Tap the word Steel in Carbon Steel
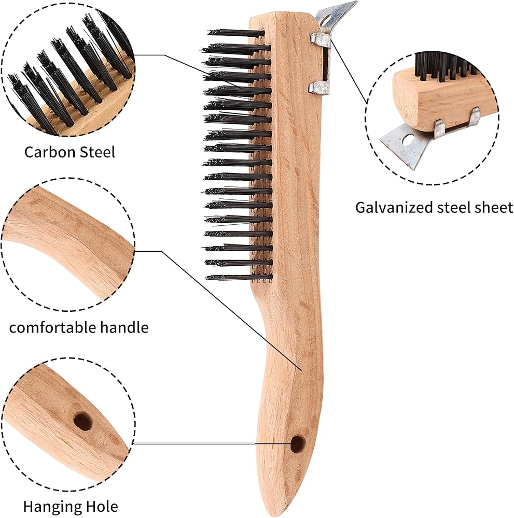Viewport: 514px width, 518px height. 95,152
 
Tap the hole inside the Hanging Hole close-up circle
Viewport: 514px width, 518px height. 82,421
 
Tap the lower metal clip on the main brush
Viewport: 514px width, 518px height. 318,87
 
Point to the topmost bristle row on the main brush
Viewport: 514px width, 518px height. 236,33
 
